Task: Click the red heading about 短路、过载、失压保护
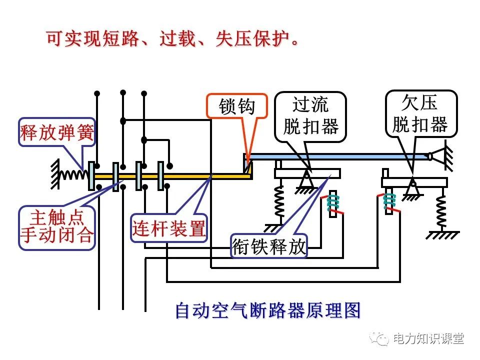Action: pos(172,38)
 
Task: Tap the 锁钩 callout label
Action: pos(237,106)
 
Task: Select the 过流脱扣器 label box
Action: pos(310,116)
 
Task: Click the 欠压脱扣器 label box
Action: pos(421,114)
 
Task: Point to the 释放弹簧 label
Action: pos(56,132)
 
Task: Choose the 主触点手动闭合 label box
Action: pos(56,226)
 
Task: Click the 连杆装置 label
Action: pos(169,229)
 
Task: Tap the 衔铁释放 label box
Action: pos(269,246)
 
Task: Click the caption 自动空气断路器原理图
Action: pos(267,310)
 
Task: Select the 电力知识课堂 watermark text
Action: pos(428,338)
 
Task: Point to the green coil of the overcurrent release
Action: pos(333,202)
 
